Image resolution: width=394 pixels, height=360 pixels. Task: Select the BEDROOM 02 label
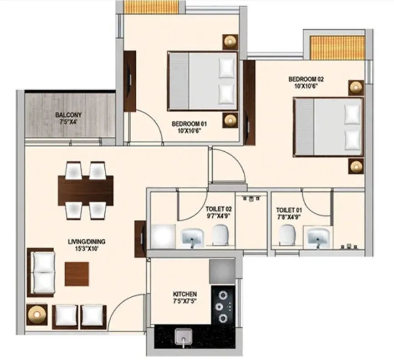(x=306, y=79)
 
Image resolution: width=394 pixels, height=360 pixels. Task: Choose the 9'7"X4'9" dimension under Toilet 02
(x=218, y=216)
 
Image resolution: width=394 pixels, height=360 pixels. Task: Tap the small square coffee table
(x=77, y=273)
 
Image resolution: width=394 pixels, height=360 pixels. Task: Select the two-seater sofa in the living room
(x=43, y=273)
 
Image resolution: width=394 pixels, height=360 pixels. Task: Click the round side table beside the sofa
(x=36, y=314)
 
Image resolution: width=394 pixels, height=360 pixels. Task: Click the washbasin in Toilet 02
(x=192, y=237)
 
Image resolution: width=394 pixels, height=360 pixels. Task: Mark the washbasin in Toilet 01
(x=317, y=237)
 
